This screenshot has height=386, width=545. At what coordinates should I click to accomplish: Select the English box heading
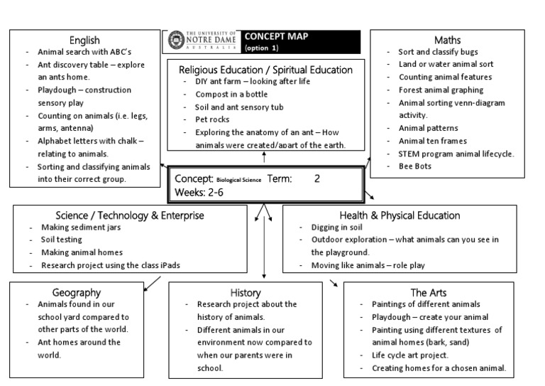coord(84,40)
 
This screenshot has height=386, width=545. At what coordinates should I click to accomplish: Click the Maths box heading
coord(447,40)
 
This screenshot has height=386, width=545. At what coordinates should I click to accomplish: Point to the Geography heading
coord(77,292)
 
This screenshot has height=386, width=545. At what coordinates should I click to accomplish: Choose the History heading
coord(246,292)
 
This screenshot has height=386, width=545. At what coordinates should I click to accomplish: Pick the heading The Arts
coord(428,292)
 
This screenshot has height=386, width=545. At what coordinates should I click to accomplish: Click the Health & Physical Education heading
coord(400,215)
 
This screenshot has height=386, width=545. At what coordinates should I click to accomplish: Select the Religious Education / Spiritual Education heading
coord(265,70)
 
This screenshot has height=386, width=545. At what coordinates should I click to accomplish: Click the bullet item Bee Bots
coord(415,166)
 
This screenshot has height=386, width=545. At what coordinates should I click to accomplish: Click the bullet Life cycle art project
coord(410,355)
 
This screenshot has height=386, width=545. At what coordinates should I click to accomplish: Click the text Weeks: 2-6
coord(199,192)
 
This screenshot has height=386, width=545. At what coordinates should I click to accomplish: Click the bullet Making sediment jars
coord(80,227)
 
